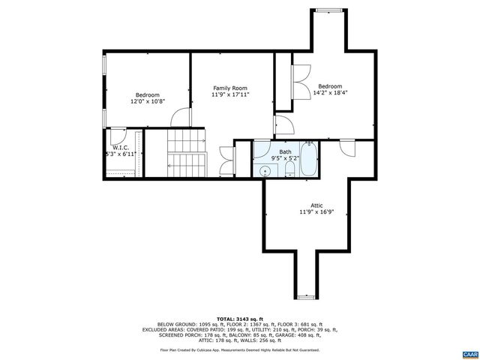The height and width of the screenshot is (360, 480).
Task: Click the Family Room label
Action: [x=229, y=88]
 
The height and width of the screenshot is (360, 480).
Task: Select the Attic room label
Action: [x=316, y=205]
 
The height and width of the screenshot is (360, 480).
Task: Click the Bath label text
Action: [x=286, y=151]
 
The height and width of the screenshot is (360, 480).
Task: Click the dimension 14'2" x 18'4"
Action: [x=331, y=93]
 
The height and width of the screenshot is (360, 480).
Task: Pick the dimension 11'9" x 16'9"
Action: [x=316, y=212]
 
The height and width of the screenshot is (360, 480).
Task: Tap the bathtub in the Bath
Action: [x=309, y=159]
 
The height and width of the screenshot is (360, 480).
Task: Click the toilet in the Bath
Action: [x=289, y=173]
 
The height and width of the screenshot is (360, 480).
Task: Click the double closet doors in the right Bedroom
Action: [x=301, y=75]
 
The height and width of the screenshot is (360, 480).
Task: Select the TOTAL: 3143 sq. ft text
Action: [x=239, y=319]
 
